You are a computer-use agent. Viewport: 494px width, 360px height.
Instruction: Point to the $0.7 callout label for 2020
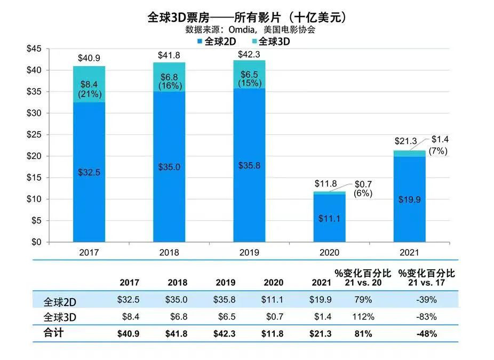[363, 184]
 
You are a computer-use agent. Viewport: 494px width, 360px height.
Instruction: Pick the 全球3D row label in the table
[60, 317]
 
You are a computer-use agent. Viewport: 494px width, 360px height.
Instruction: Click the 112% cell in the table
[363, 317]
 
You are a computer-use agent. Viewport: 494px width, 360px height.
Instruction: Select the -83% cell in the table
[426, 317]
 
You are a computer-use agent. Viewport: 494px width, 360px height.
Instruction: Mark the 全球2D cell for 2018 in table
[177, 300]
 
